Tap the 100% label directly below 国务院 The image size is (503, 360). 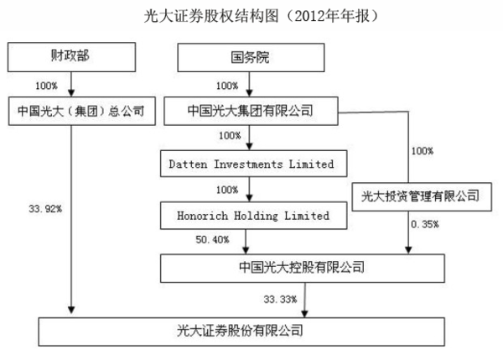(227, 86)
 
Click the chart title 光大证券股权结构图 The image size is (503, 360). (251, 16)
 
